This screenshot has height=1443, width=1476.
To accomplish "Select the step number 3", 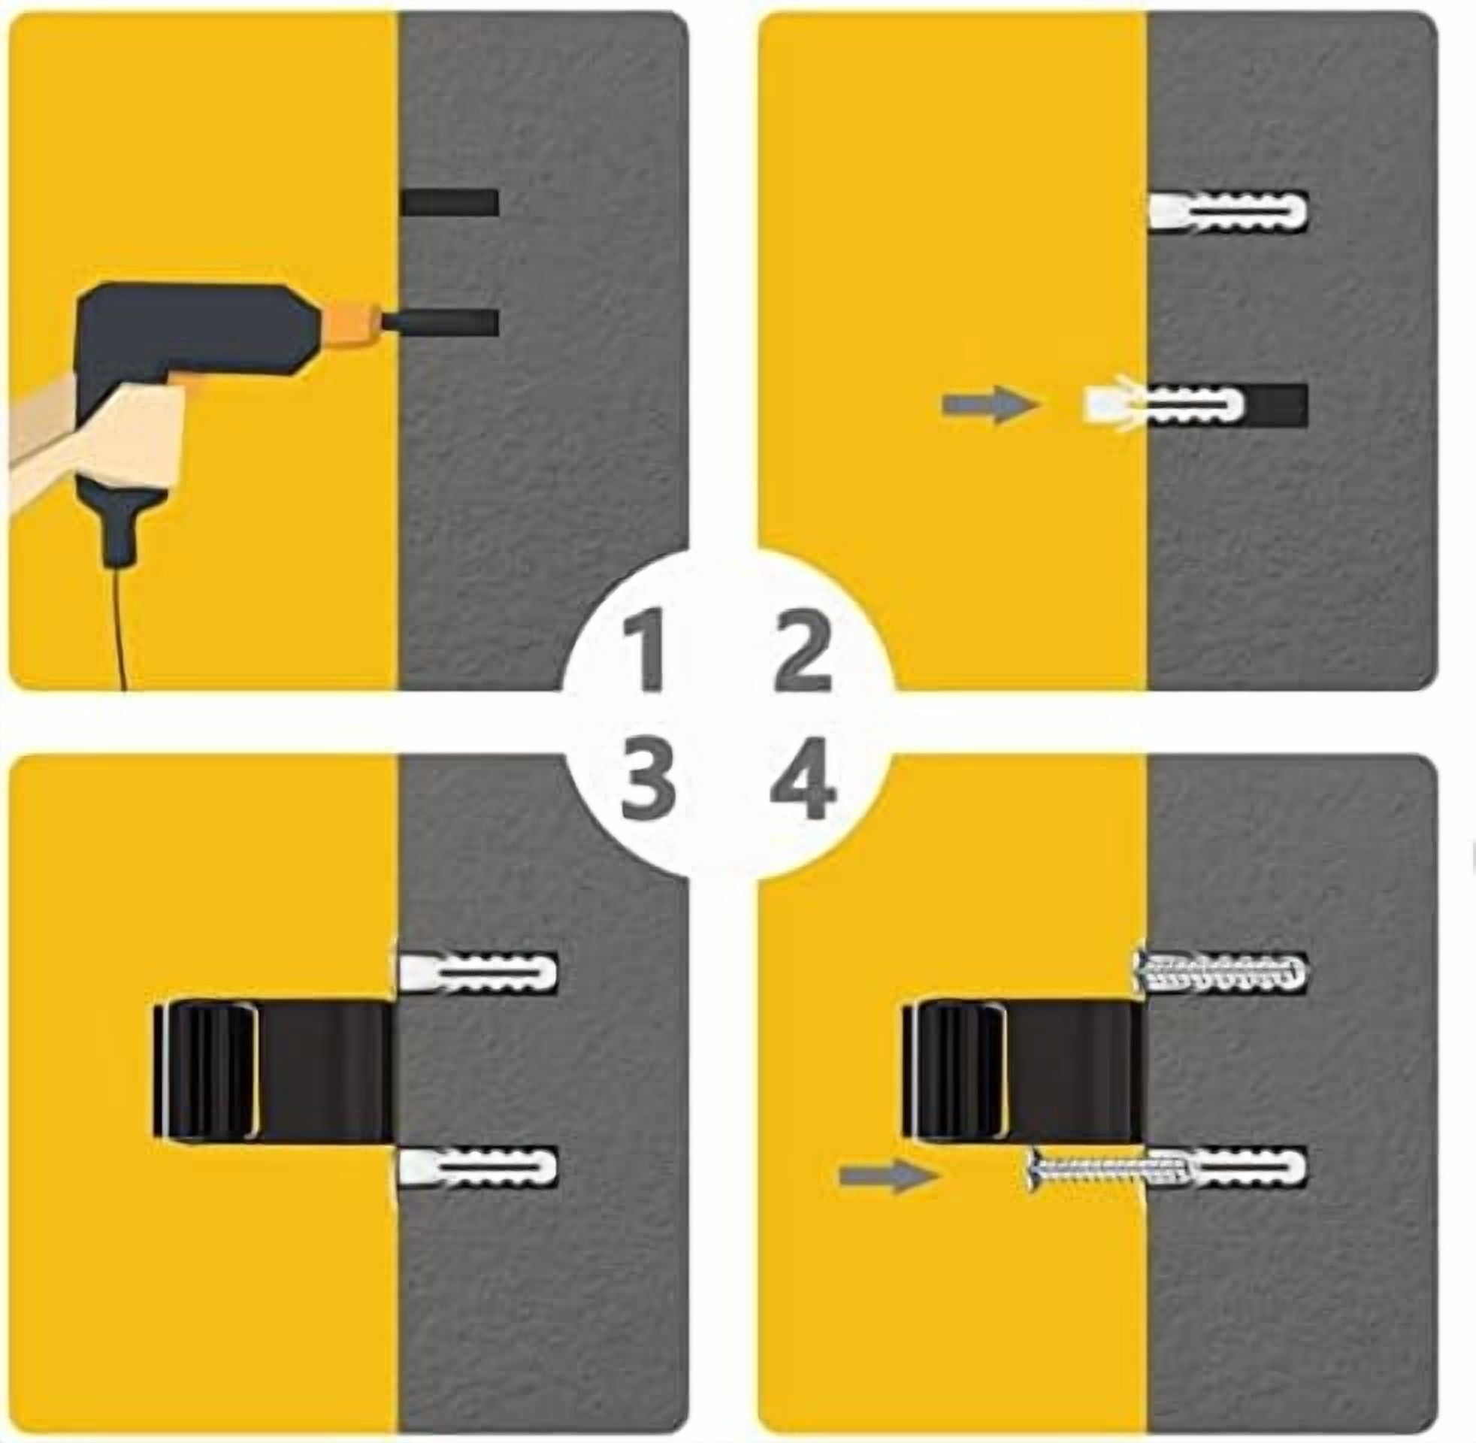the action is coord(648,785).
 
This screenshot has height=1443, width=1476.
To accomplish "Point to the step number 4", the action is coord(803,785).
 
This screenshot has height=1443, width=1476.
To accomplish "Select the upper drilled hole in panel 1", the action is coord(449,202).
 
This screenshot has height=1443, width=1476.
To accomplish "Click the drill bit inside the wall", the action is coord(440,322).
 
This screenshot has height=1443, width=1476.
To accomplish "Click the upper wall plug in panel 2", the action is coord(1228,209).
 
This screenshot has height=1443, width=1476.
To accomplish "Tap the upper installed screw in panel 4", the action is coord(1220,973).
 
